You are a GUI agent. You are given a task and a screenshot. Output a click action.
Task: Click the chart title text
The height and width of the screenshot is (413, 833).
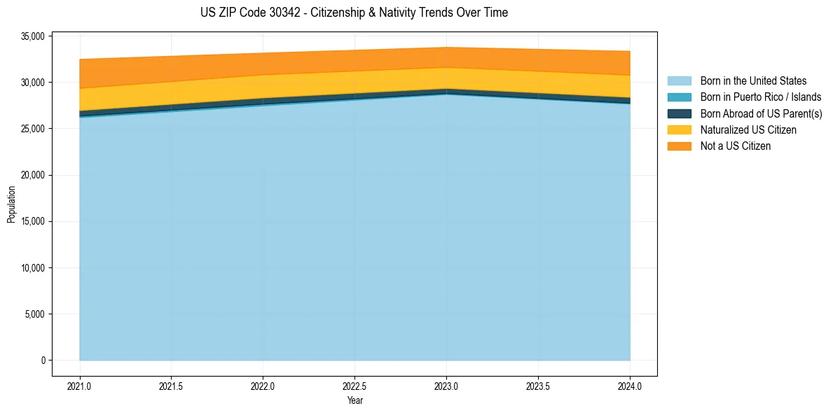(354, 13)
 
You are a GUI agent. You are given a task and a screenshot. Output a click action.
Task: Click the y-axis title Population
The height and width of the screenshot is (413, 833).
(11, 204)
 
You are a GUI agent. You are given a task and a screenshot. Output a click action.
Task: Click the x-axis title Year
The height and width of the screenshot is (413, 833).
(354, 400)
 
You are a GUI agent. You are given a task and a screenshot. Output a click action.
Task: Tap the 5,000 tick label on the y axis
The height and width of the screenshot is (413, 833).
(33, 314)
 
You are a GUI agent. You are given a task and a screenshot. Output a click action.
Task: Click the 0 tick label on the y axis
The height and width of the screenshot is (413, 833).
(43, 360)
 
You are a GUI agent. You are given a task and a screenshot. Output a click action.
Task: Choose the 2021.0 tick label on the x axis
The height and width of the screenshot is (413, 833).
(79, 386)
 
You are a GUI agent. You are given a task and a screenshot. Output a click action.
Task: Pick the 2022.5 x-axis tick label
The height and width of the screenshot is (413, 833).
(354, 386)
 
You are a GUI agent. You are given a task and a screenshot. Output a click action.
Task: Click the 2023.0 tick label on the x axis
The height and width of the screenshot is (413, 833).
(446, 386)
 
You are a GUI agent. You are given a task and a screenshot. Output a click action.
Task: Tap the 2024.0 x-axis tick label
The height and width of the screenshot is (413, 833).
(630, 386)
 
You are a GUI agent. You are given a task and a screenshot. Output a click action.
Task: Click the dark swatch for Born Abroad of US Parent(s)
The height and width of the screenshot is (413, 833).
(679, 113)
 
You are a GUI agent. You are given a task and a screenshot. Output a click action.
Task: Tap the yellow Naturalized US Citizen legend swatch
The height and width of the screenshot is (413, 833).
(679, 129)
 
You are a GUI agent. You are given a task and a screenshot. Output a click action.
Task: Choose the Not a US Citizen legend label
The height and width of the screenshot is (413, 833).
(735, 146)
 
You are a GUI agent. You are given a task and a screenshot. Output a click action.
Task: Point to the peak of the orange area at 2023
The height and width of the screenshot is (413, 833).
(446, 48)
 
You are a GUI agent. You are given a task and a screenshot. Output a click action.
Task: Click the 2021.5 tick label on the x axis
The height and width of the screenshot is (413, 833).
(171, 386)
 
